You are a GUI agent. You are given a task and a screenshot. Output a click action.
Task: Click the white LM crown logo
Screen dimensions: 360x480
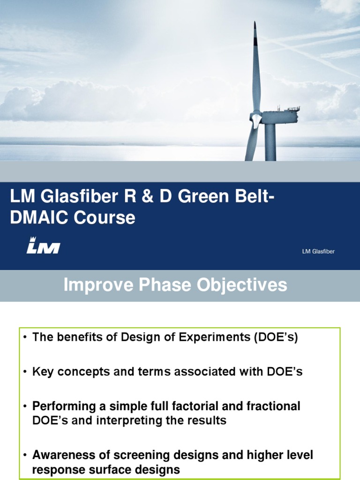43,245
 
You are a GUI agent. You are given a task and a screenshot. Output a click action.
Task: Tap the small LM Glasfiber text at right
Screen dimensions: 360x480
318,251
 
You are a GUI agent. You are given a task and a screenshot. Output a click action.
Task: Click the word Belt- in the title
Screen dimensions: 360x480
255,196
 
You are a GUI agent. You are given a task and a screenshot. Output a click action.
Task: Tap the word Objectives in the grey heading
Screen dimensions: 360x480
242,285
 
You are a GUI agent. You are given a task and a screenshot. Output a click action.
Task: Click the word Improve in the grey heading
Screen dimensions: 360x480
98,285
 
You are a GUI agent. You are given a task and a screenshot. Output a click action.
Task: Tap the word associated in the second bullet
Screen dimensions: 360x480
204,372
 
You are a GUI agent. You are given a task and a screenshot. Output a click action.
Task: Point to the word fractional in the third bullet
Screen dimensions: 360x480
273,406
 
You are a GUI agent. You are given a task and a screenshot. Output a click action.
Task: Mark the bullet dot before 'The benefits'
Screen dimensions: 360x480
25,337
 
